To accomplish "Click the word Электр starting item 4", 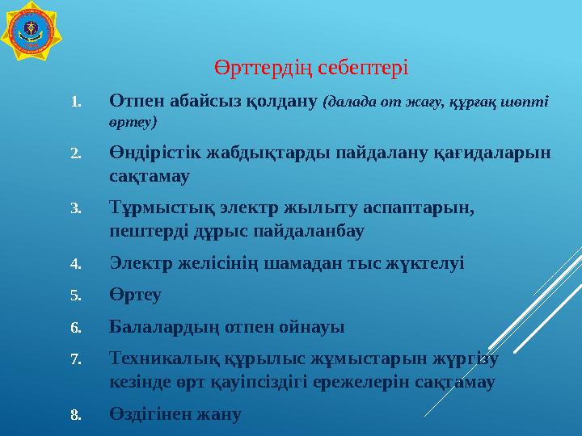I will coord(139,262).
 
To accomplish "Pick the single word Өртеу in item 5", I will coord(135,295).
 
